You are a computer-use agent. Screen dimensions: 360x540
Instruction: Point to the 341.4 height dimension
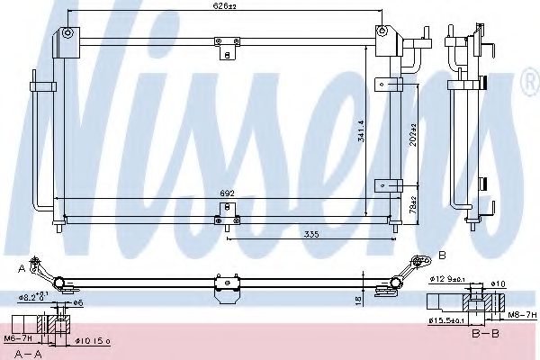pyautogui.click(x=361, y=132)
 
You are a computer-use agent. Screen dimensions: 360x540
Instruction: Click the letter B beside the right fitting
pyautogui.click(x=442, y=255)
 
